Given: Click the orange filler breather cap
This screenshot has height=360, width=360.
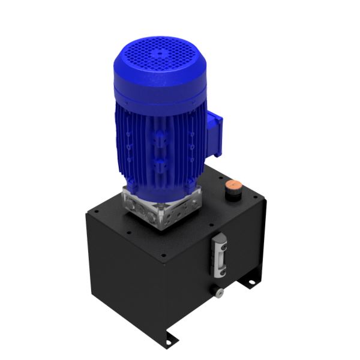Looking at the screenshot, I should point(234,185).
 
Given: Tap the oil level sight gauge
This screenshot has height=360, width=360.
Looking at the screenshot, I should point(220,255).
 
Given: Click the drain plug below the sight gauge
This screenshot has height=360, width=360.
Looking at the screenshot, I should point(220,292).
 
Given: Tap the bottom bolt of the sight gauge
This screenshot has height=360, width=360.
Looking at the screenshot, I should point(220,273).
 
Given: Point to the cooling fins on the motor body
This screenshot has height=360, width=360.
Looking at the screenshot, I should point(159,150).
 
